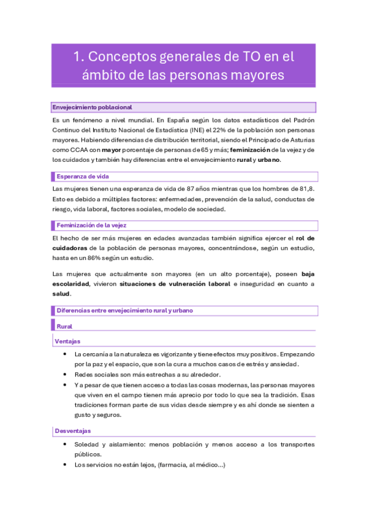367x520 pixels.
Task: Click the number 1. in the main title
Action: tap(78, 57)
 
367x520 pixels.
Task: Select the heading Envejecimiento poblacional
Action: tap(92, 107)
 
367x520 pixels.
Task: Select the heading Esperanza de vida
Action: tap(82, 177)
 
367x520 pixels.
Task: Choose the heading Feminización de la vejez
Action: tap(91, 225)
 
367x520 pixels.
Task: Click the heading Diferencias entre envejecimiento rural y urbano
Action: tap(124, 311)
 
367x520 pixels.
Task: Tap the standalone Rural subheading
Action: tap(64, 327)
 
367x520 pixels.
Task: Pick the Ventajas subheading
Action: tap(67, 341)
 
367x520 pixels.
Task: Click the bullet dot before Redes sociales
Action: tap(65, 374)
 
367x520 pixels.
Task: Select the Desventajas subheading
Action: tap(72, 431)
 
